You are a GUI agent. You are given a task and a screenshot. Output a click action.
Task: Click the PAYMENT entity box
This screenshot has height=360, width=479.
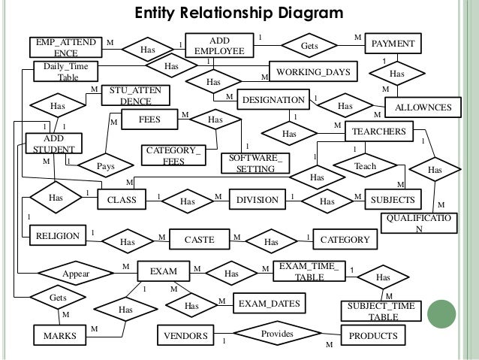pyautogui.click(x=393, y=45)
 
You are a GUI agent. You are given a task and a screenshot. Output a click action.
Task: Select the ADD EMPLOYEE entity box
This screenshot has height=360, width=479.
pyautogui.click(x=219, y=44)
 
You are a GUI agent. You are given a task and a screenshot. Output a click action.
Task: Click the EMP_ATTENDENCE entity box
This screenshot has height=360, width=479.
pyautogui.click(x=65, y=47)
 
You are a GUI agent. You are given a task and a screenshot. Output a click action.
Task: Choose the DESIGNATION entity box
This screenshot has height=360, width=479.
pyautogui.click(x=272, y=99)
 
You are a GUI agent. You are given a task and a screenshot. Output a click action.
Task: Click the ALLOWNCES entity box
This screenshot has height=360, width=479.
pyautogui.click(x=423, y=108)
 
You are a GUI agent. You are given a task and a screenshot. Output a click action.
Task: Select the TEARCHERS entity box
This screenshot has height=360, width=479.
pyautogui.click(x=378, y=132)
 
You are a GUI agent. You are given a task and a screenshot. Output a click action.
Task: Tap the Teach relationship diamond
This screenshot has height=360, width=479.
pyautogui.click(x=365, y=165)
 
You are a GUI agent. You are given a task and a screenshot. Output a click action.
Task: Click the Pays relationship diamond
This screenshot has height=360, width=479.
pyautogui.click(x=110, y=165)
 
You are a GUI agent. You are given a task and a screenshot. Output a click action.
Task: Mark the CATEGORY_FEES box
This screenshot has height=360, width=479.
pyautogui.click(x=173, y=156)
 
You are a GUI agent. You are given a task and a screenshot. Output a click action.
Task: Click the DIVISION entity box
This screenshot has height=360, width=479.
pyautogui.click(x=258, y=200)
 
